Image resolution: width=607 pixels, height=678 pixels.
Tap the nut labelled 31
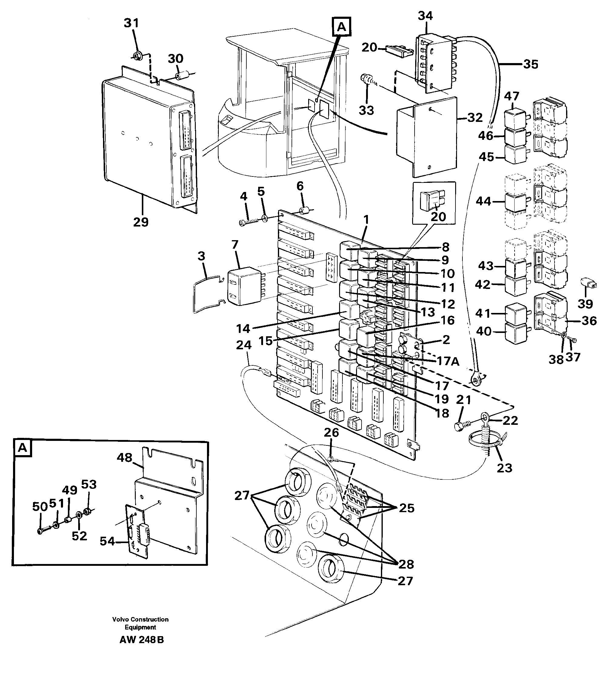tap(136, 56)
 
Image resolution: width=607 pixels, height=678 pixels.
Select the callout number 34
tap(425, 16)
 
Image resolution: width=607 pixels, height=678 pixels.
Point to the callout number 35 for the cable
tap(530, 64)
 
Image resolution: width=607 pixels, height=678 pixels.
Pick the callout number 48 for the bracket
tap(125, 458)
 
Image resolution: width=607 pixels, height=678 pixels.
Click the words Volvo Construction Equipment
tap(140, 623)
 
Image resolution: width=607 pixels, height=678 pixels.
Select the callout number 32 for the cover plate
tap(475, 117)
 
